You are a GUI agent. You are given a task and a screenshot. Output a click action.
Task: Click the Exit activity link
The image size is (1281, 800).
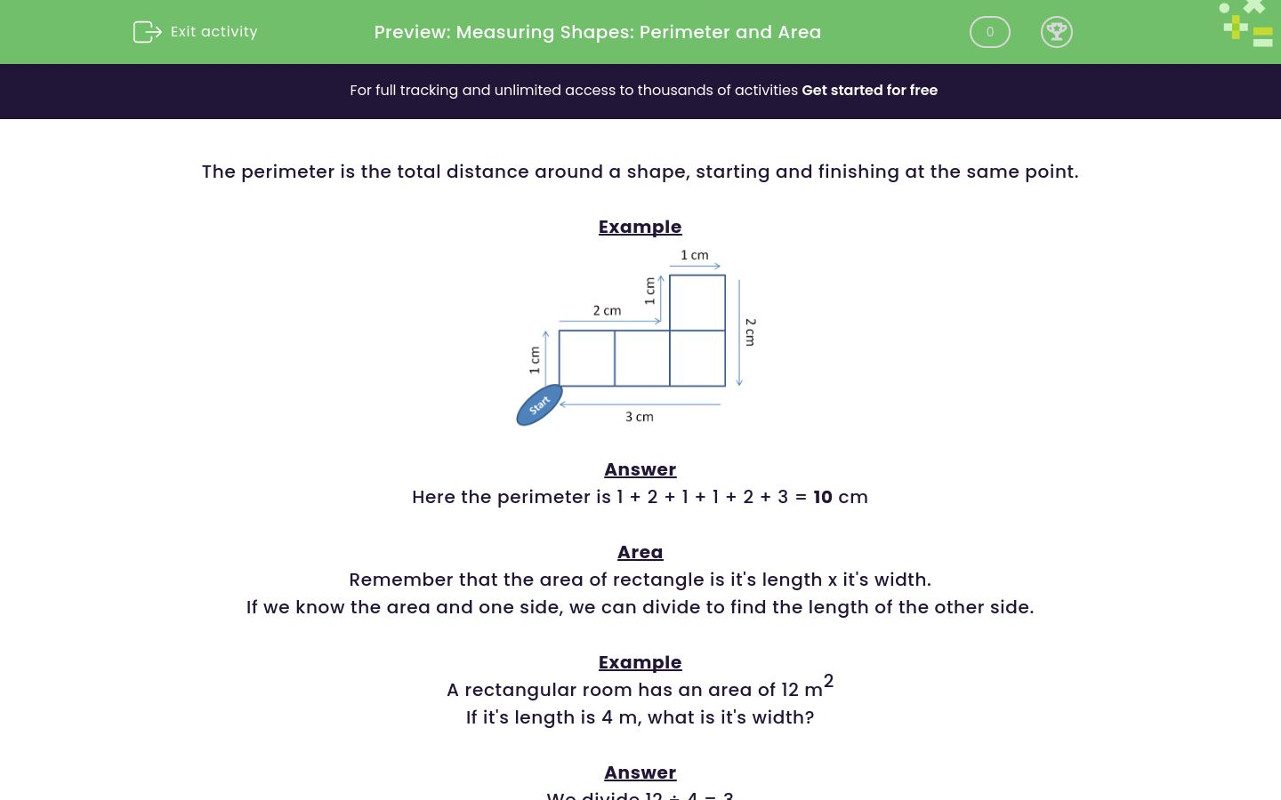(213, 32)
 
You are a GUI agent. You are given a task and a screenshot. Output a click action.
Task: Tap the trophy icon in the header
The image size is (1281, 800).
(1056, 32)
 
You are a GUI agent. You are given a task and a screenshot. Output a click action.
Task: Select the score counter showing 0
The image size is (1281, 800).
(989, 32)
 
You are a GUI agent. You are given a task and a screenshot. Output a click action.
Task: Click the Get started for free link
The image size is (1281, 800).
(869, 91)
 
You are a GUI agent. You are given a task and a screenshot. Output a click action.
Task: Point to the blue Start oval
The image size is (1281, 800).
(539, 405)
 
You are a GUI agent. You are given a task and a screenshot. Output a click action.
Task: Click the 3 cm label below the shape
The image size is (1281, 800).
(639, 417)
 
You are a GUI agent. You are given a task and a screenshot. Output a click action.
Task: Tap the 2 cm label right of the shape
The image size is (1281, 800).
(750, 332)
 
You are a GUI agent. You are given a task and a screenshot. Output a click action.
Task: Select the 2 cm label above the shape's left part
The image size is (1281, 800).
(607, 310)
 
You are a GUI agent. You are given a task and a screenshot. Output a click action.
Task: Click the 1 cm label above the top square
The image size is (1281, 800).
(694, 255)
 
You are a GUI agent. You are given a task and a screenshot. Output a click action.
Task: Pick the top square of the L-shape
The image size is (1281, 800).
(697, 303)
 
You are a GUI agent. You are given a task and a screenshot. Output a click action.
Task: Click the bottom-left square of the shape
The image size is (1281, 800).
(587, 358)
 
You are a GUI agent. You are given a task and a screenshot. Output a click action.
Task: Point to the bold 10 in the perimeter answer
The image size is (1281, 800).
(822, 497)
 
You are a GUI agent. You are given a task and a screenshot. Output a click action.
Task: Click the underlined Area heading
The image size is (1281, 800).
(640, 552)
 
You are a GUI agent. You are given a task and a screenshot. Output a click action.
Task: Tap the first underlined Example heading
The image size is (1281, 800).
(640, 227)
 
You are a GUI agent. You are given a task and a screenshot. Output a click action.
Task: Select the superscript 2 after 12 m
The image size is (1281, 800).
(828, 681)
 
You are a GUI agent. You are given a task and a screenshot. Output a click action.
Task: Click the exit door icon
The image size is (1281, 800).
(147, 32)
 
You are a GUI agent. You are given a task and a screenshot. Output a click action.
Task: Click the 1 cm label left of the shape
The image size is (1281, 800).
(535, 359)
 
